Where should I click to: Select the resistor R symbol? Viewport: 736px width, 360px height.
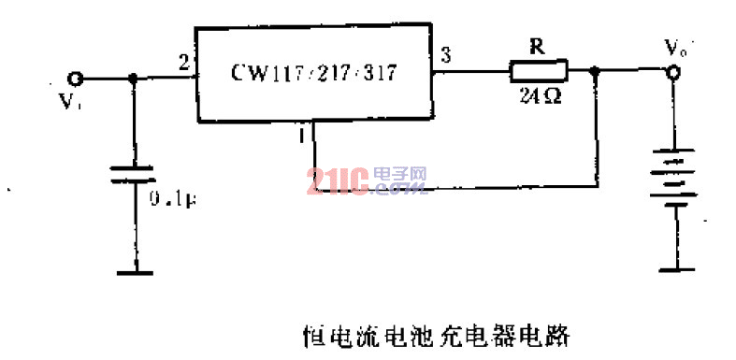coord(538,69)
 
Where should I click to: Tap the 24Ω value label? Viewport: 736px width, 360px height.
coord(538,94)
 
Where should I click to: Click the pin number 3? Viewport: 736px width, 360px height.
coord(446,56)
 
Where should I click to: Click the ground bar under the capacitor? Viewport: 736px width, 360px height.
coord(136,272)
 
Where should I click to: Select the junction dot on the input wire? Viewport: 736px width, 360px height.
coord(134,79)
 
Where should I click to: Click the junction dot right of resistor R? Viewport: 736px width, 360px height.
coord(596,70)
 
